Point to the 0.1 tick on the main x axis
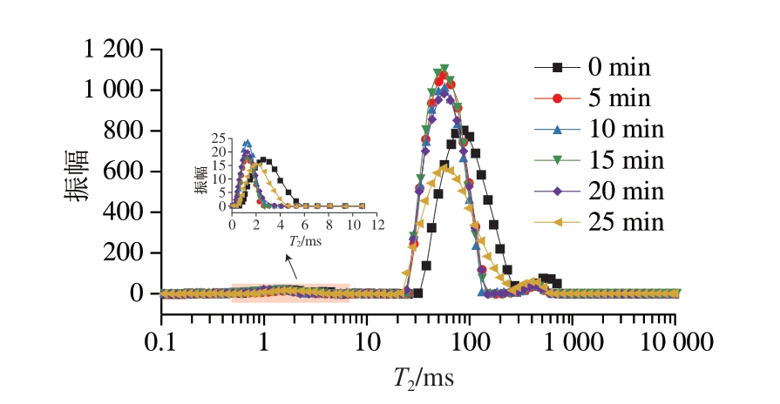161,336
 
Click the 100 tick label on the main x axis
470,336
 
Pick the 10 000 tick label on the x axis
675,336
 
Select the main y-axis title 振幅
77,172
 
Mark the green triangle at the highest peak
444,69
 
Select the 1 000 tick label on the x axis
572,336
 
